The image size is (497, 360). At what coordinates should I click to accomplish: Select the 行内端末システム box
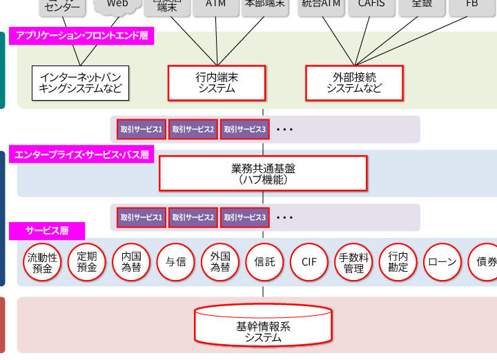(x=217, y=83)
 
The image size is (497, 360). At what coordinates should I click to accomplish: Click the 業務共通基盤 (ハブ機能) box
(x=262, y=173)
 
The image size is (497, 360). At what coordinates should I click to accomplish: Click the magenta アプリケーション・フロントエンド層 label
(x=81, y=37)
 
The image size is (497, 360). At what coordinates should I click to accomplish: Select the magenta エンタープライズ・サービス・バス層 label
(x=81, y=154)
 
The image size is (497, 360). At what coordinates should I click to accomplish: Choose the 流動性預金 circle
(x=43, y=262)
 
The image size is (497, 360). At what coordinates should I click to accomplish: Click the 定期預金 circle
(x=87, y=262)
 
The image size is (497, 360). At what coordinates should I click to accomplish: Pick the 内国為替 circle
(x=131, y=262)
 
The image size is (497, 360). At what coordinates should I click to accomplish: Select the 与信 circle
(x=176, y=262)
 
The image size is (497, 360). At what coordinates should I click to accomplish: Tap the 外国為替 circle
(x=220, y=262)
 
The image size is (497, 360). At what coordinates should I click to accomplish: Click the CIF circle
(x=309, y=262)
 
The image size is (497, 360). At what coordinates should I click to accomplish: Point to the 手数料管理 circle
(x=353, y=262)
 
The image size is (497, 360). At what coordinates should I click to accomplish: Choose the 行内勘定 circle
(x=398, y=262)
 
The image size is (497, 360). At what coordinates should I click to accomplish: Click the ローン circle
(x=442, y=262)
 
